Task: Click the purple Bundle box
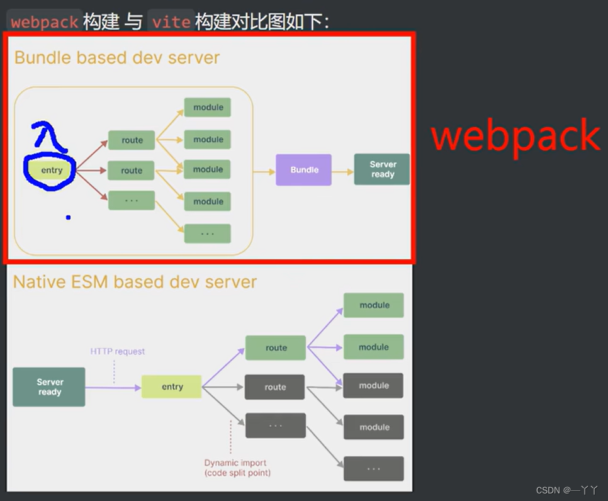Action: click(x=303, y=170)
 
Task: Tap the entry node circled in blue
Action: click(x=51, y=170)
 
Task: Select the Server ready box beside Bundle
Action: click(x=382, y=169)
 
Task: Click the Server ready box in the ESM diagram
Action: click(x=49, y=386)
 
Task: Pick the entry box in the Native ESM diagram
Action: click(x=172, y=387)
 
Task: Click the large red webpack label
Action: click(x=515, y=137)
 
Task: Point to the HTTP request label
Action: click(x=118, y=351)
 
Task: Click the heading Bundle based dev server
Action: click(x=117, y=57)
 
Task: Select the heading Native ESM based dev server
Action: click(x=135, y=281)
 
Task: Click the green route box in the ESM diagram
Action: click(x=276, y=347)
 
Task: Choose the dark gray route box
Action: click(x=275, y=387)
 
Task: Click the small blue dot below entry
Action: click(x=68, y=218)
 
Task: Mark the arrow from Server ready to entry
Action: click(x=113, y=387)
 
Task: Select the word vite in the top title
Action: click(x=171, y=22)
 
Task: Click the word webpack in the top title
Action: click(x=44, y=22)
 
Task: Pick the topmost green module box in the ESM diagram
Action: click(x=374, y=305)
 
